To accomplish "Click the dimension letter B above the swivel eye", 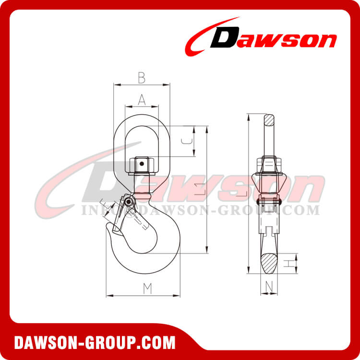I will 142,76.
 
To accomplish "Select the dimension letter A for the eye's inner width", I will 142,99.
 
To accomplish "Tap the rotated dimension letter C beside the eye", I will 189,141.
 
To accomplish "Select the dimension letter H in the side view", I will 286,263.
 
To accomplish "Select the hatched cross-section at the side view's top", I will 269,119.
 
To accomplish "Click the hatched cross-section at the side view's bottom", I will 269,262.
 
